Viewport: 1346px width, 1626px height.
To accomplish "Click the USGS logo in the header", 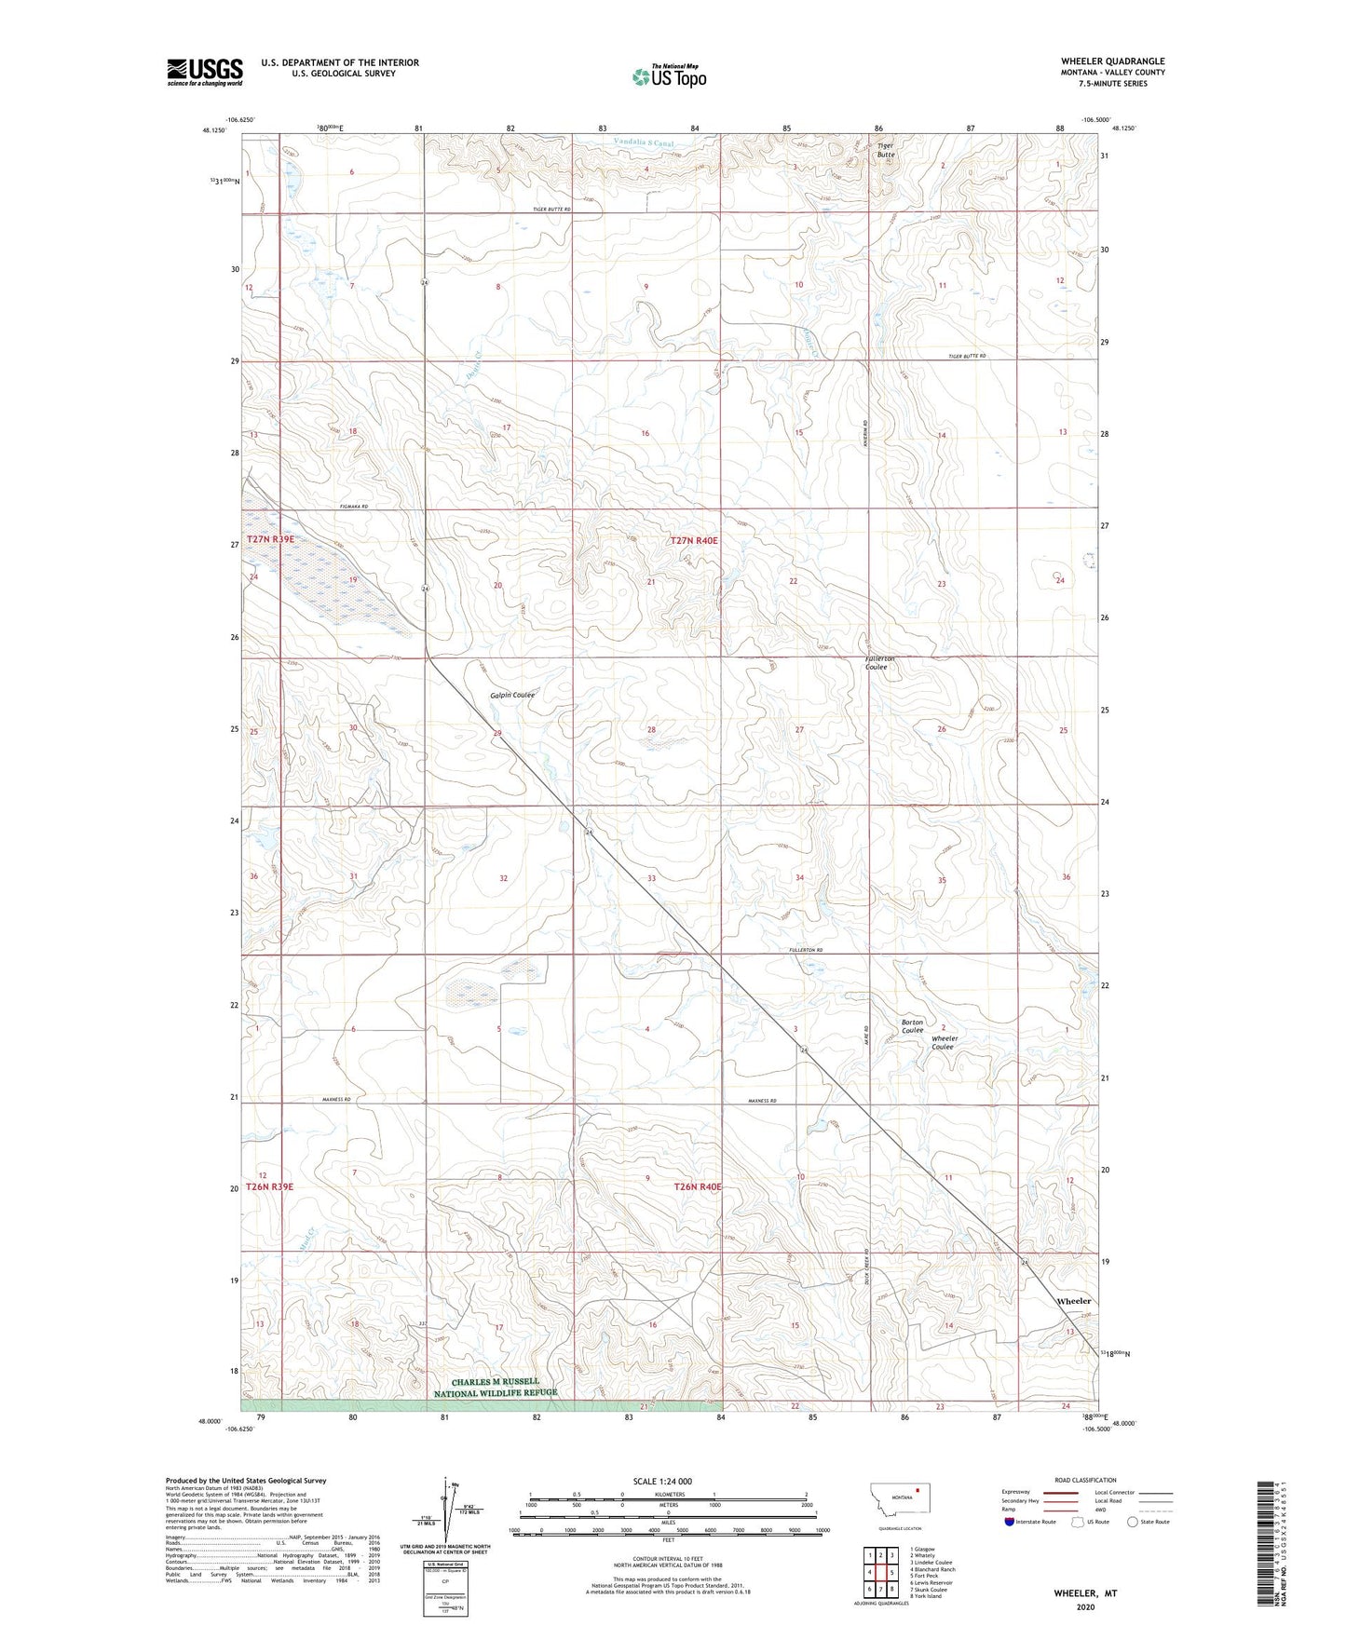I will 205,72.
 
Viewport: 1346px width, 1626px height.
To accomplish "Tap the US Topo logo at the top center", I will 669,76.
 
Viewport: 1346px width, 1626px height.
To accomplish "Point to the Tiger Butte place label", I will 885,150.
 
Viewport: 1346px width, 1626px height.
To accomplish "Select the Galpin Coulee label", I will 512,695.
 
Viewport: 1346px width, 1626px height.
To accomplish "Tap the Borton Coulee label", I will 912,1026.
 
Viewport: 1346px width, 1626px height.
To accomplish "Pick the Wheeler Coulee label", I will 944,1042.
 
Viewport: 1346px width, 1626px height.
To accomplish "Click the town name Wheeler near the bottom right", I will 1073,1301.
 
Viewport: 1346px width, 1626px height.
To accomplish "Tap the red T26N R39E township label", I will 270,1186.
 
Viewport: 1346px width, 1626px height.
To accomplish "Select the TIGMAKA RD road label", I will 353,506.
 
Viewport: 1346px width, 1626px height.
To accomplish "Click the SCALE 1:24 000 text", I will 662,1481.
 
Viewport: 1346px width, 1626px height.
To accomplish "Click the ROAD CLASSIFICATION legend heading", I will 1085,1480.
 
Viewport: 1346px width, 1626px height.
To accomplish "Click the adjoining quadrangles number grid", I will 881,1574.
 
